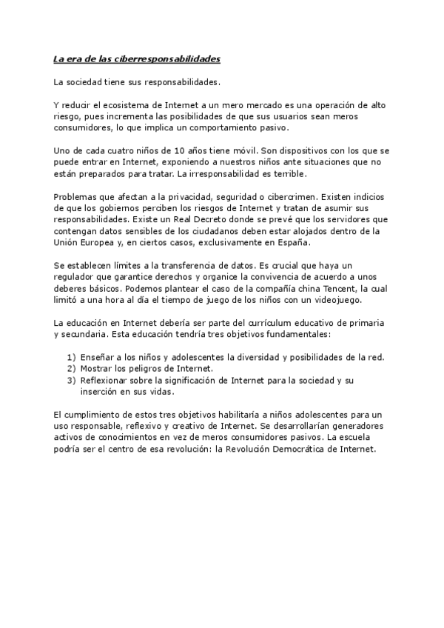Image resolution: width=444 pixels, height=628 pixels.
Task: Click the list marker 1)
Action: [x=72, y=357]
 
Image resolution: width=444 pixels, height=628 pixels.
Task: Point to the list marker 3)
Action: [x=72, y=380]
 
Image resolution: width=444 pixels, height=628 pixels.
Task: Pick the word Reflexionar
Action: [x=111, y=380]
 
